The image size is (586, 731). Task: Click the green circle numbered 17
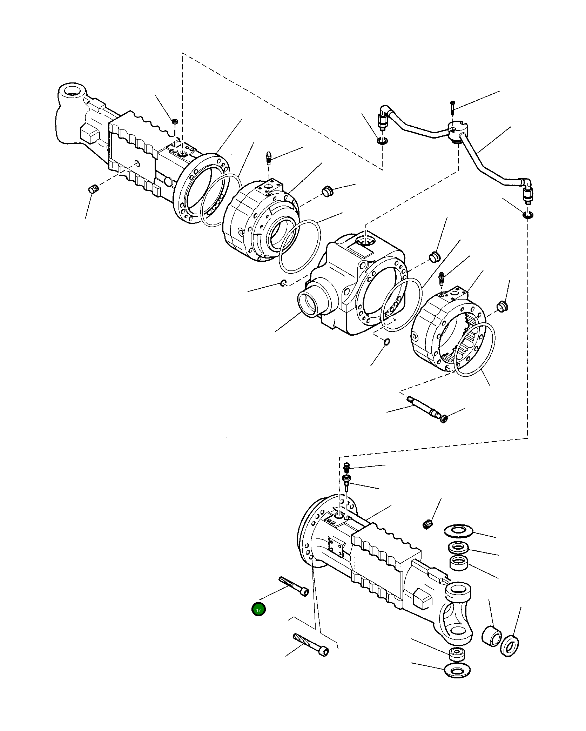(x=258, y=610)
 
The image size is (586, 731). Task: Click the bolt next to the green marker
(x=294, y=586)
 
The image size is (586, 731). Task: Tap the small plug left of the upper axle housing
(x=93, y=189)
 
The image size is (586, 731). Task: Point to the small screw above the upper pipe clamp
(x=452, y=107)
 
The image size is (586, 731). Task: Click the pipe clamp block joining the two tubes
(x=457, y=131)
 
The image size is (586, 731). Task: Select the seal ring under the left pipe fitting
(x=382, y=141)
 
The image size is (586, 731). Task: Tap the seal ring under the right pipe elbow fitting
(x=527, y=215)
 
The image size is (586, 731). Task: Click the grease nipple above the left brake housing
(x=269, y=157)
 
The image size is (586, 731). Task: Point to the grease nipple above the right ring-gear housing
(x=442, y=277)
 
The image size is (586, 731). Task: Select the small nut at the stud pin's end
(x=444, y=418)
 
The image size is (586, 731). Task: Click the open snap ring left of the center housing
(x=284, y=283)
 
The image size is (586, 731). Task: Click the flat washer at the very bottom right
(x=457, y=671)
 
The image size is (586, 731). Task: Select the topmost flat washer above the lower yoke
(x=458, y=531)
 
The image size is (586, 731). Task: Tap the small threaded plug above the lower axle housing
(x=427, y=525)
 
